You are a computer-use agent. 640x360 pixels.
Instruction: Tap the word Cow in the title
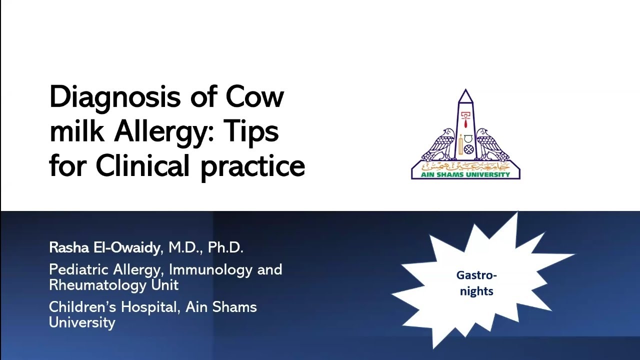pyautogui.click(x=255, y=97)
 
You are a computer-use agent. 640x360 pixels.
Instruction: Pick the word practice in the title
pyautogui.click(x=252, y=167)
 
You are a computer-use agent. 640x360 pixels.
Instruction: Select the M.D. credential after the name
pyautogui.click(x=184, y=247)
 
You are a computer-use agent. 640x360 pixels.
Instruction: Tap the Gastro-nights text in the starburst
pyautogui.click(x=476, y=283)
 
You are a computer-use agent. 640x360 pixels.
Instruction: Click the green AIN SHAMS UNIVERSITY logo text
pyautogui.click(x=465, y=174)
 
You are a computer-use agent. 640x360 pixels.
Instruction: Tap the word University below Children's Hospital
pyautogui.click(x=82, y=322)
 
